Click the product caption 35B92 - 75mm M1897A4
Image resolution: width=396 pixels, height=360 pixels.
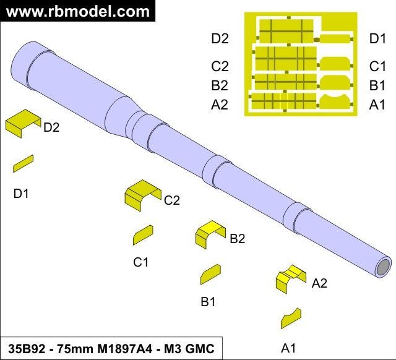[111, 348]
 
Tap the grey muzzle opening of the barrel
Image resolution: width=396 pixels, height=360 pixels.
[384, 267]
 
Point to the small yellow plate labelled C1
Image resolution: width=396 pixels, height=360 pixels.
[142, 235]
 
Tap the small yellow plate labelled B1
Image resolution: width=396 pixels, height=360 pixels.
[210, 274]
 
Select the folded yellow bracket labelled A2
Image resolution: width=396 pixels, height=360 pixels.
[290, 278]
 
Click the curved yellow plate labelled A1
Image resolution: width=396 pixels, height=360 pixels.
[290, 318]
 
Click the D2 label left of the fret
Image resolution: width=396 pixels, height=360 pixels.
[220, 39]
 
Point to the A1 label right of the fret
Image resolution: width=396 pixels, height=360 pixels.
[377, 105]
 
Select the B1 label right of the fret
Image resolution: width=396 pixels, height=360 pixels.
[377, 85]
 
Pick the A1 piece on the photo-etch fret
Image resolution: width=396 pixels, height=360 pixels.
[336, 102]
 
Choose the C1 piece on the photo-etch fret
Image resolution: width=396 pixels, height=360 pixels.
[336, 63]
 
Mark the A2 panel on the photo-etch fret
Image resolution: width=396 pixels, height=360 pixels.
[282, 101]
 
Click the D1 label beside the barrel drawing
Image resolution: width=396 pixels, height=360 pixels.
[22, 194]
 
